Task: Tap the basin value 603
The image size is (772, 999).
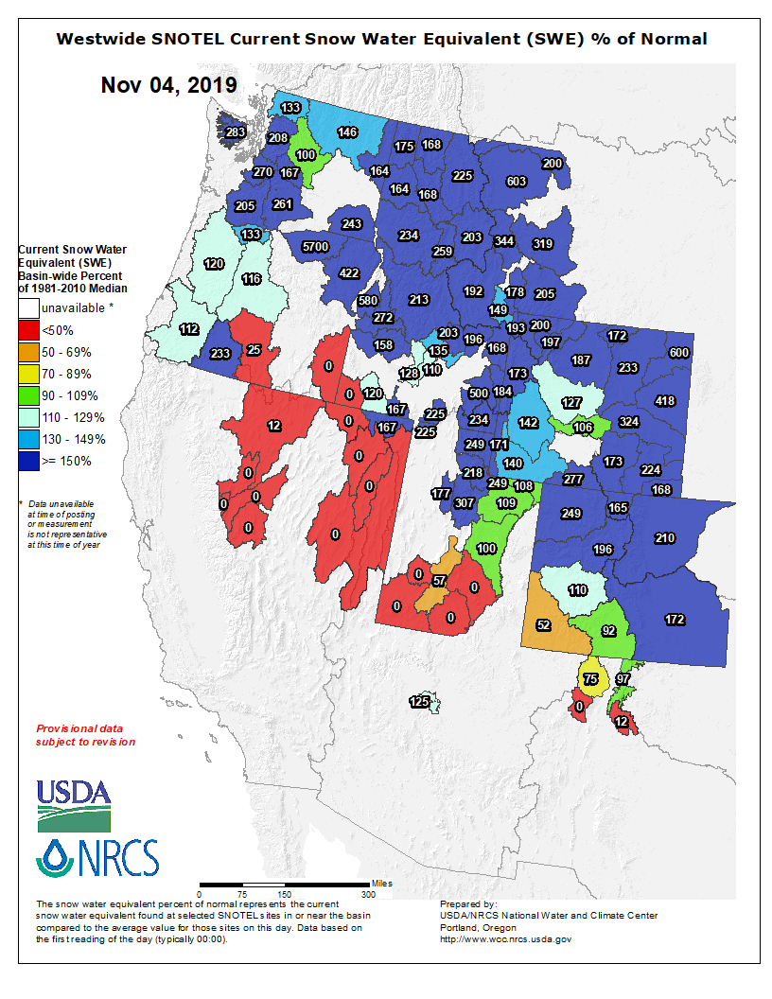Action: (x=517, y=182)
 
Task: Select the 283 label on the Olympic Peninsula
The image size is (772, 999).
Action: (x=235, y=131)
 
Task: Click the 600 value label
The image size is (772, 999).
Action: (x=678, y=352)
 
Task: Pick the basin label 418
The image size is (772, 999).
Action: (x=665, y=401)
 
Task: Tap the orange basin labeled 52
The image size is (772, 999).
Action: (x=543, y=624)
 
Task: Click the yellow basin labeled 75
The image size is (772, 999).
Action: (x=591, y=679)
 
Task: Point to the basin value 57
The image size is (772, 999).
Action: (x=439, y=580)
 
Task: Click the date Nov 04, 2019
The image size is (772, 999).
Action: (x=169, y=85)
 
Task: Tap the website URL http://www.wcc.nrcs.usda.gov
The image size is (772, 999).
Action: (x=505, y=939)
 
